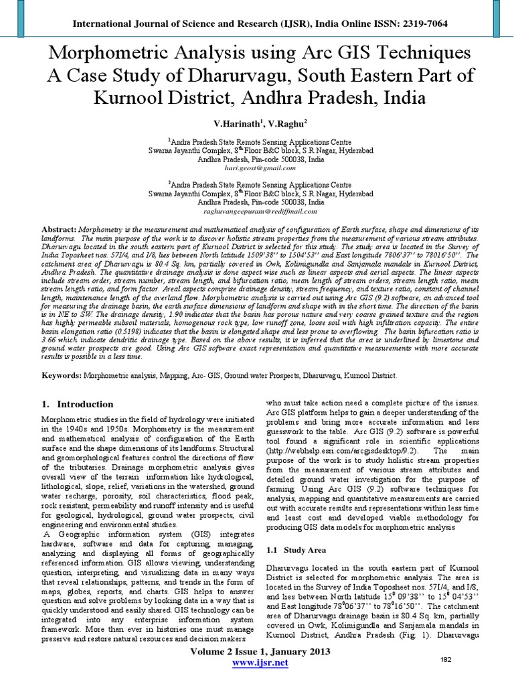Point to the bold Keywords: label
61,376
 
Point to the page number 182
447,660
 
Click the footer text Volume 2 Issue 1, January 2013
261,652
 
